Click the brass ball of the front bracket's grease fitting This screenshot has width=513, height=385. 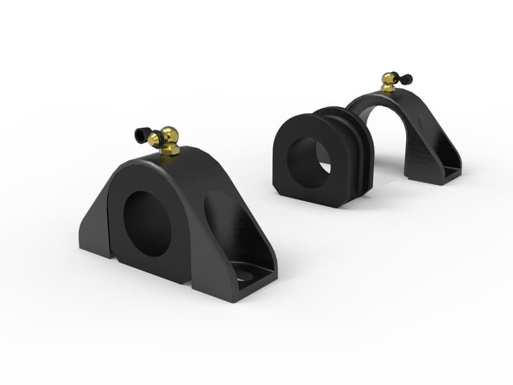pos(171,135)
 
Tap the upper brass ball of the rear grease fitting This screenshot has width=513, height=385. pos(389,79)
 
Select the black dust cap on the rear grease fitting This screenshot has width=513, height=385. pos(406,80)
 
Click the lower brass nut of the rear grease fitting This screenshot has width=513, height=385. pos(387,89)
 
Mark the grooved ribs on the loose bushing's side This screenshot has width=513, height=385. pos(359,151)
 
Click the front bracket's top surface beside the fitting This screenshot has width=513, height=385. pos(199,160)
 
